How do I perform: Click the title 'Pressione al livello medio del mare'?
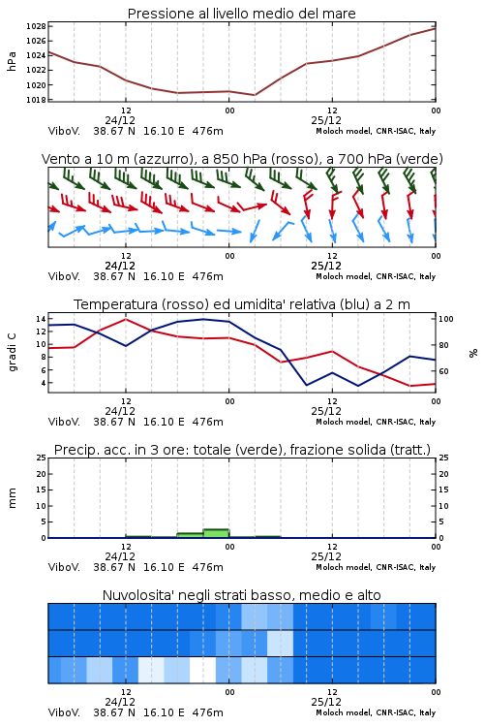click(241, 14)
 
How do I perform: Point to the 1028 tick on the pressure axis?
click(36, 26)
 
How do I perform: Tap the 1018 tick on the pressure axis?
click(36, 100)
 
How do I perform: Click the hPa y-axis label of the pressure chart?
click(12, 61)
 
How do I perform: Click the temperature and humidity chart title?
click(242, 304)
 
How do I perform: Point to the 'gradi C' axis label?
click(12, 353)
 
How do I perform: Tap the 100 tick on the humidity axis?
click(446, 319)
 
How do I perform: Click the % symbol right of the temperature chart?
click(473, 353)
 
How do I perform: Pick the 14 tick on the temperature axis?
click(41, 319)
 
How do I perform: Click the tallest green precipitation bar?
click(216, 533)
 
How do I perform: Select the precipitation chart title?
click(242, 450)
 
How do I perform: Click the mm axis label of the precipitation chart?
click(12, 498)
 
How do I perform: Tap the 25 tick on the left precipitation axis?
click(42, 458)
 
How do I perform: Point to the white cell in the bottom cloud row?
click(203, 670)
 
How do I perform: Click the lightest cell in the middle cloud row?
click(280, 643)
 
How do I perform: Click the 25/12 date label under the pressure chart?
click(326, 120)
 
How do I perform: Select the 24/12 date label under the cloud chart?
click(120, 702)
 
